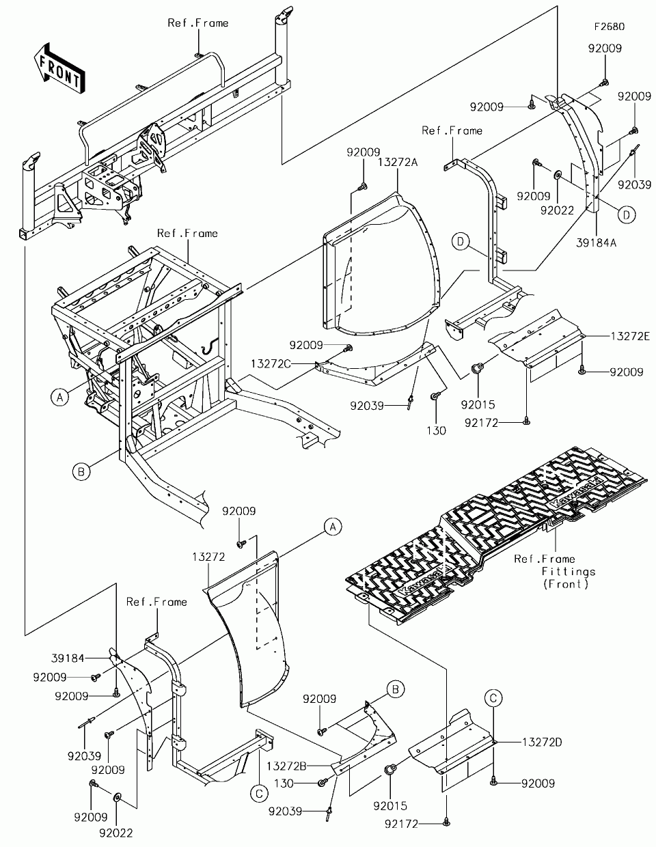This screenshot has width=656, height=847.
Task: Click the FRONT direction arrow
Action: point(59,68)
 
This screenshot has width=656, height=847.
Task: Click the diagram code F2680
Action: point(610,27)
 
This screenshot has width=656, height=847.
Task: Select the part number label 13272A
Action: point(398,163)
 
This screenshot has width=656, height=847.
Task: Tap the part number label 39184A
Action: point(597,243)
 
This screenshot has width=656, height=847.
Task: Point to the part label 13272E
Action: point(630,336)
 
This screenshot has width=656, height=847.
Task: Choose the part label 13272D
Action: point(542,742)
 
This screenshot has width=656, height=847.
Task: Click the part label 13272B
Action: point(286,766)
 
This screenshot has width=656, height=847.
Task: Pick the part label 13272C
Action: point(271,364)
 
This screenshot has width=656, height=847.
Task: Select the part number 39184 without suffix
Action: point(68,658)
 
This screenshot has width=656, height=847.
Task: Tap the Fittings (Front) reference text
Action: point(568,578)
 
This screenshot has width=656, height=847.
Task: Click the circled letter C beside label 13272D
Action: point(493,697)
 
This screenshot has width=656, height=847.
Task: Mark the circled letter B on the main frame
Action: point(81,472)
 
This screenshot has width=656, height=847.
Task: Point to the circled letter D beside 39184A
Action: point(627,215)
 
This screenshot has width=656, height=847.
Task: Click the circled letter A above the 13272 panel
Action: point(333,527)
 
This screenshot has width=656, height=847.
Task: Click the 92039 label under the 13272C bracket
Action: point(367,406)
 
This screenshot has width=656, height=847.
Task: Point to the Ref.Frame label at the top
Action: point(198,23)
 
